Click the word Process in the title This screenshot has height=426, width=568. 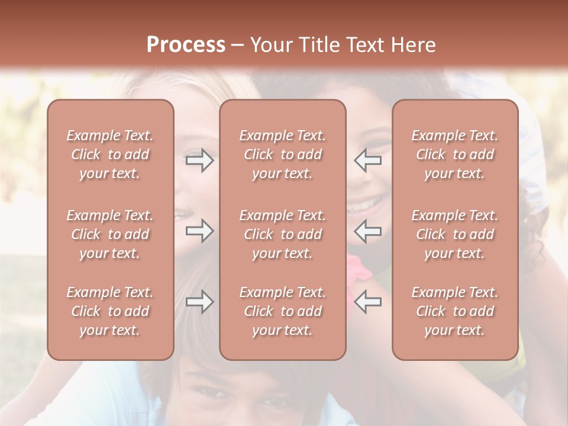(x=186, y=45)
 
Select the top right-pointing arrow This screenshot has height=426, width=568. (x=199, y=160)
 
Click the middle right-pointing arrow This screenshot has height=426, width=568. (x=199, y=231)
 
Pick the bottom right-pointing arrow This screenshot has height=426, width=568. (x=199, y=302)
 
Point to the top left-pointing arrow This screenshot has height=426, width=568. (x=367, y=160)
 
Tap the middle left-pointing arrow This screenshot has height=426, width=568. (x=367, y=231)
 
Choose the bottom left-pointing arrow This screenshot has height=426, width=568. (x=367, y=302)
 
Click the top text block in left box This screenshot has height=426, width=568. (x=110, y=154)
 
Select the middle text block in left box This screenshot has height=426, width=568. (x=110, y=234)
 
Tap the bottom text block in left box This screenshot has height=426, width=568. (x=110, y=311)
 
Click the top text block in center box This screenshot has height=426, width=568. (x=283, y=154)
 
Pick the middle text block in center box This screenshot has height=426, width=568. (x=283, y=234)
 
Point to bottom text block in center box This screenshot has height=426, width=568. (x=283, y=311)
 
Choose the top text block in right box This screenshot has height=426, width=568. (x=455, y=154)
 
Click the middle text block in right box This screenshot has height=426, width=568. (x=455, y=234)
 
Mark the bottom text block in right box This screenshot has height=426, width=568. (x=455, y=311)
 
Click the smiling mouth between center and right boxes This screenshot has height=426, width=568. (x=365, y=205)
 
